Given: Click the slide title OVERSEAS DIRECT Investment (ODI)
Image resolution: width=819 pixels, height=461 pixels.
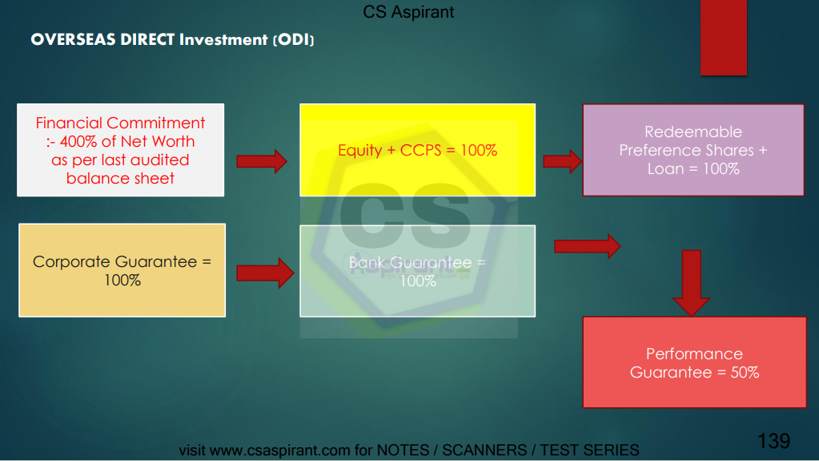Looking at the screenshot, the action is click(x=172, y=40).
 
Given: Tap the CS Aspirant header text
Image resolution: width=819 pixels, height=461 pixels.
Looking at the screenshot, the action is click(x=408, y=12).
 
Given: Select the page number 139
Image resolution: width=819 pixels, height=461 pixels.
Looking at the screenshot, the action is click(x=773, y=441).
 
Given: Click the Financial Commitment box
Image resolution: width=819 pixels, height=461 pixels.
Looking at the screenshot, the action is click(x=121, y=150).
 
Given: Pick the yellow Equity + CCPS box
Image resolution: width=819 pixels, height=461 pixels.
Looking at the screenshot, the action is click(x=417, y=150).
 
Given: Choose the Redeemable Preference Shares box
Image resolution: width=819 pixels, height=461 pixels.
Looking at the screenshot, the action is click(x=693, y=150).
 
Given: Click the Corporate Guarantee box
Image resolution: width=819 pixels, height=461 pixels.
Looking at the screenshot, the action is click(x=122, y=270).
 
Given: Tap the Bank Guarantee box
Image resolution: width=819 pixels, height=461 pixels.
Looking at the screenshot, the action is click(x=417, y=271).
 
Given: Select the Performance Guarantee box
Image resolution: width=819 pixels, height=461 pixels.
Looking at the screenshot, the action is click(x=694, y=362).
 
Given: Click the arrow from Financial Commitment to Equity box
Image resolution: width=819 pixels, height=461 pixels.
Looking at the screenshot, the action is click(x=262, y=161).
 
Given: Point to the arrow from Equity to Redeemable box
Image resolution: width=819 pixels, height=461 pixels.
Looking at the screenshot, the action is click(x=563, y=161).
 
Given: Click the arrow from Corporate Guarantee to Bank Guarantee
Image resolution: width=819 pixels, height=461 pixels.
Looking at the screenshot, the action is click(x=265, y=273).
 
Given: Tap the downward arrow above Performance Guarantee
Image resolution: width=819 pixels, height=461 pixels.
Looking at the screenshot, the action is click(x=691, y=283).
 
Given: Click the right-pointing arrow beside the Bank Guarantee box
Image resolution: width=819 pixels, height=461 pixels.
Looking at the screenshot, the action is click(x=587, y=246).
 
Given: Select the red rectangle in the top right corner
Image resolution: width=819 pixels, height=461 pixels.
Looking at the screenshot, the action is click(x=724, y=38).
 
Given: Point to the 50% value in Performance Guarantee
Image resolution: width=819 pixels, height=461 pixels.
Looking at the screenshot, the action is click(x=745, y=373).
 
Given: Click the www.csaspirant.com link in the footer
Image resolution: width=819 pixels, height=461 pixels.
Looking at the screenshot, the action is click(x=279, y=450).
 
